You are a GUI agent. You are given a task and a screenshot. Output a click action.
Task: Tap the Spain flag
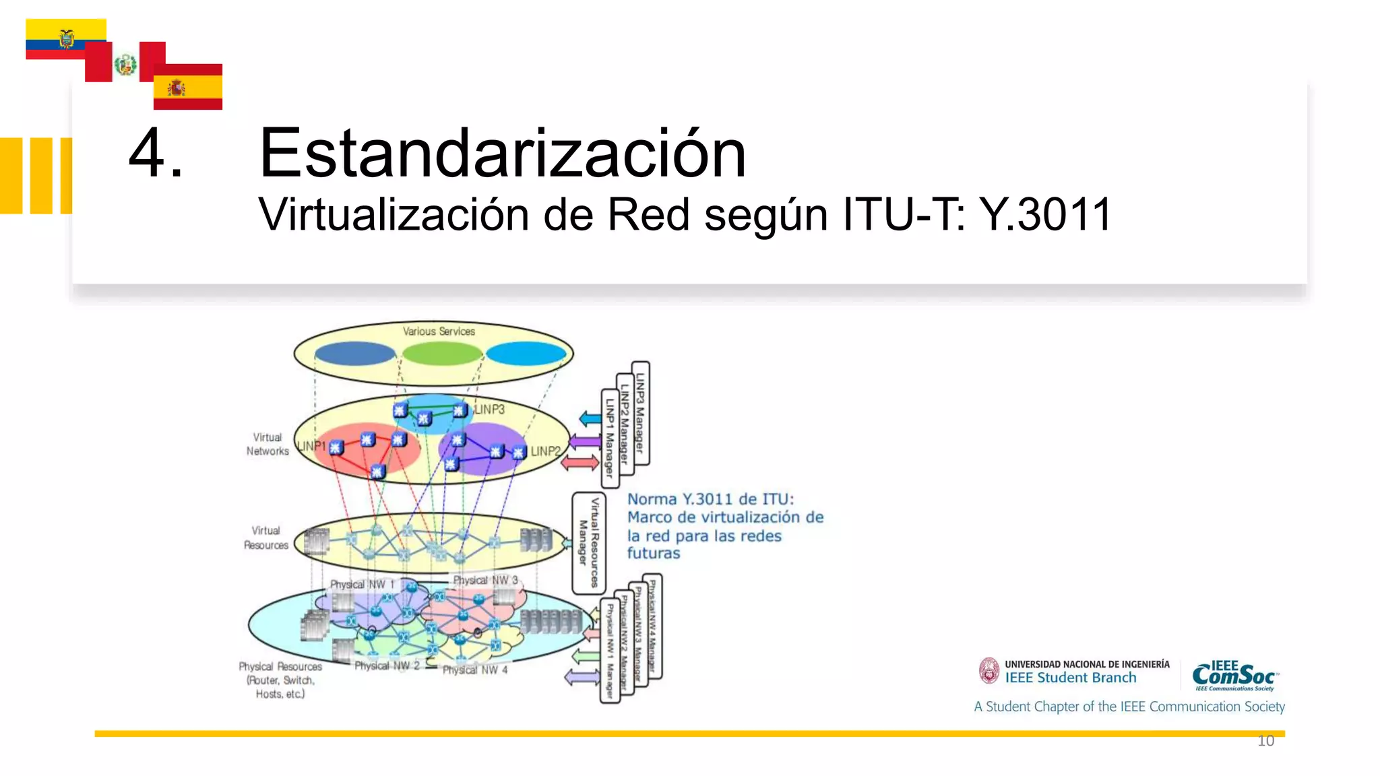point(187,87)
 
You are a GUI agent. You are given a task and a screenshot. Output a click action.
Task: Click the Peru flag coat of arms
point(125,65)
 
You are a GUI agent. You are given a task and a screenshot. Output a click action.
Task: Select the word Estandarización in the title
point(502,154)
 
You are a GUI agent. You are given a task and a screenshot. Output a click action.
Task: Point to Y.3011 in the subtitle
point(1044,215)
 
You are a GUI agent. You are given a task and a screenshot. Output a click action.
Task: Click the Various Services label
point(439,331)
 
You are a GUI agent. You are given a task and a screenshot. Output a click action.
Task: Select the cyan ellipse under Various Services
point(526,352)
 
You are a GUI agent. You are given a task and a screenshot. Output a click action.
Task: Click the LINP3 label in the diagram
point(489,409)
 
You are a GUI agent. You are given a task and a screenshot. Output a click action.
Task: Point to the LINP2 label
point(545,451)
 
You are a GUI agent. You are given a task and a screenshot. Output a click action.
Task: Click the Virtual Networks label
point(268,444)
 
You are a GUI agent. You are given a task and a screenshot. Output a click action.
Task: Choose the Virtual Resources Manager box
point(589,542)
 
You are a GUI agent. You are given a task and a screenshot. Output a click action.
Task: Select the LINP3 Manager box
point(641,412)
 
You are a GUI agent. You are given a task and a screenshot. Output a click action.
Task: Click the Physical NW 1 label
point(362,584)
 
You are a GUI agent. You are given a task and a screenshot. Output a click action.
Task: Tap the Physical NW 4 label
point(475,670)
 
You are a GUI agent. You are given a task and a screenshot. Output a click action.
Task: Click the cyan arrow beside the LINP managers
point(590,419)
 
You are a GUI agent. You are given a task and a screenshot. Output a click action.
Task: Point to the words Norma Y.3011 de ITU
point(710,499)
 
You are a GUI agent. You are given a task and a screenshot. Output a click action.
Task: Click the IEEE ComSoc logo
point(1234,676)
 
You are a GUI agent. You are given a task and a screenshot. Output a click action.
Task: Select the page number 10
point(1265,741)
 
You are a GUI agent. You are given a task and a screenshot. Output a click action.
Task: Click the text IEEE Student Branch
point(1070,678)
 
